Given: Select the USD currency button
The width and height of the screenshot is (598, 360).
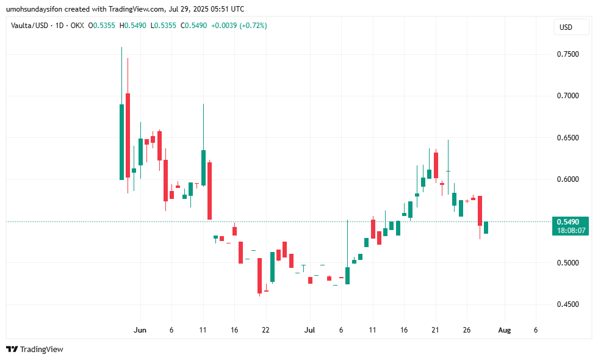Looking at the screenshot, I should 566,27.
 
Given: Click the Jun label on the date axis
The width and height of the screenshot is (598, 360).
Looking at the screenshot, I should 140,330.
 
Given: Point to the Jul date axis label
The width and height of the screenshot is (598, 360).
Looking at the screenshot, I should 309,330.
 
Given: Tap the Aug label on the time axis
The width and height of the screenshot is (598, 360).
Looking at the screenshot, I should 504,330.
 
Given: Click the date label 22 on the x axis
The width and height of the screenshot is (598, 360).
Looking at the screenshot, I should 265,330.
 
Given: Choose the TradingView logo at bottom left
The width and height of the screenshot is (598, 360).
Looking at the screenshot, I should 35,349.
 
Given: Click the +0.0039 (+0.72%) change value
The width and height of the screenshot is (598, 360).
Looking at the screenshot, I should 237,26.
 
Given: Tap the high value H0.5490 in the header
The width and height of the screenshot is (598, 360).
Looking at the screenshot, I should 129,26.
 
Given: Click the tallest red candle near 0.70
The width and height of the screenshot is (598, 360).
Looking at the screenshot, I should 128,135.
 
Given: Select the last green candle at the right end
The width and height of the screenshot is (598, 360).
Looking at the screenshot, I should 486,228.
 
